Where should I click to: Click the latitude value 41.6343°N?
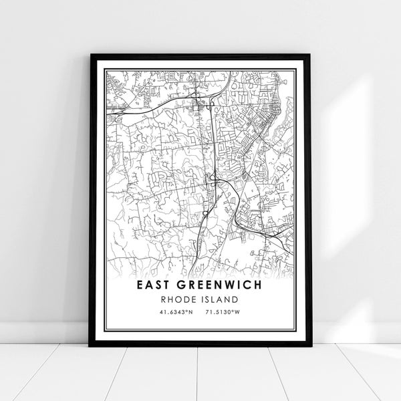point(176,313)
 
